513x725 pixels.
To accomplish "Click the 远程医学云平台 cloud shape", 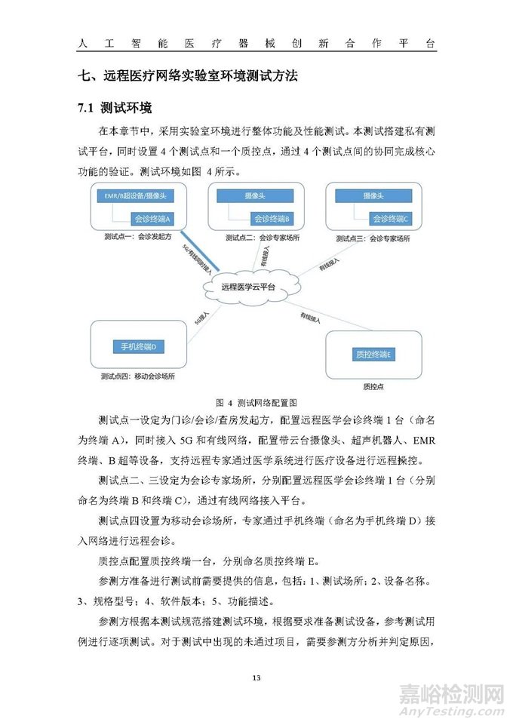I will [248, 287].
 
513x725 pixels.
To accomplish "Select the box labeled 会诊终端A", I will [152, 219].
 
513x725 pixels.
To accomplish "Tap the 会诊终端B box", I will [272, 219].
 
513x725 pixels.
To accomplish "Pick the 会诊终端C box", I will [390, 219].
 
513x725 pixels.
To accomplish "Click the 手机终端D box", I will [138, 346].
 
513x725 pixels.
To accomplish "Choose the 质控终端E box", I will [373, 354].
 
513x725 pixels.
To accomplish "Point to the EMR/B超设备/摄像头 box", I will [137, 196].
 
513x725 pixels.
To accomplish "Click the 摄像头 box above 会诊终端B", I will [254, 196].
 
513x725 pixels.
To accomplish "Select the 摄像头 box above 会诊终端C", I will [374, 196].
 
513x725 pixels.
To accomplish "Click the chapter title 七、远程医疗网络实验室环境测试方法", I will [188, 76].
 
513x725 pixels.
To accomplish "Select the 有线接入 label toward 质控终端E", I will [310, 317].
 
